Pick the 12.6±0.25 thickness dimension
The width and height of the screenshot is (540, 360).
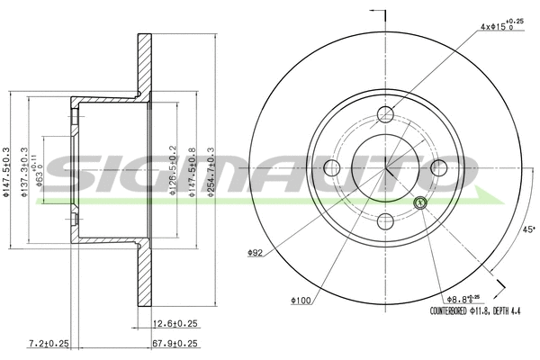click(x=176, y=323)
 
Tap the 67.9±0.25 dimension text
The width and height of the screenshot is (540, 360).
click(x=176, y=343)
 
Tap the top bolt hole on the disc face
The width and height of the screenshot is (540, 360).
click(x=385, y=113)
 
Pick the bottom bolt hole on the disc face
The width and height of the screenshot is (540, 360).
click(x=385, y=221)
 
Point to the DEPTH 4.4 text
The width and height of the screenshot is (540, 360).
click(x=506, y=311)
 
